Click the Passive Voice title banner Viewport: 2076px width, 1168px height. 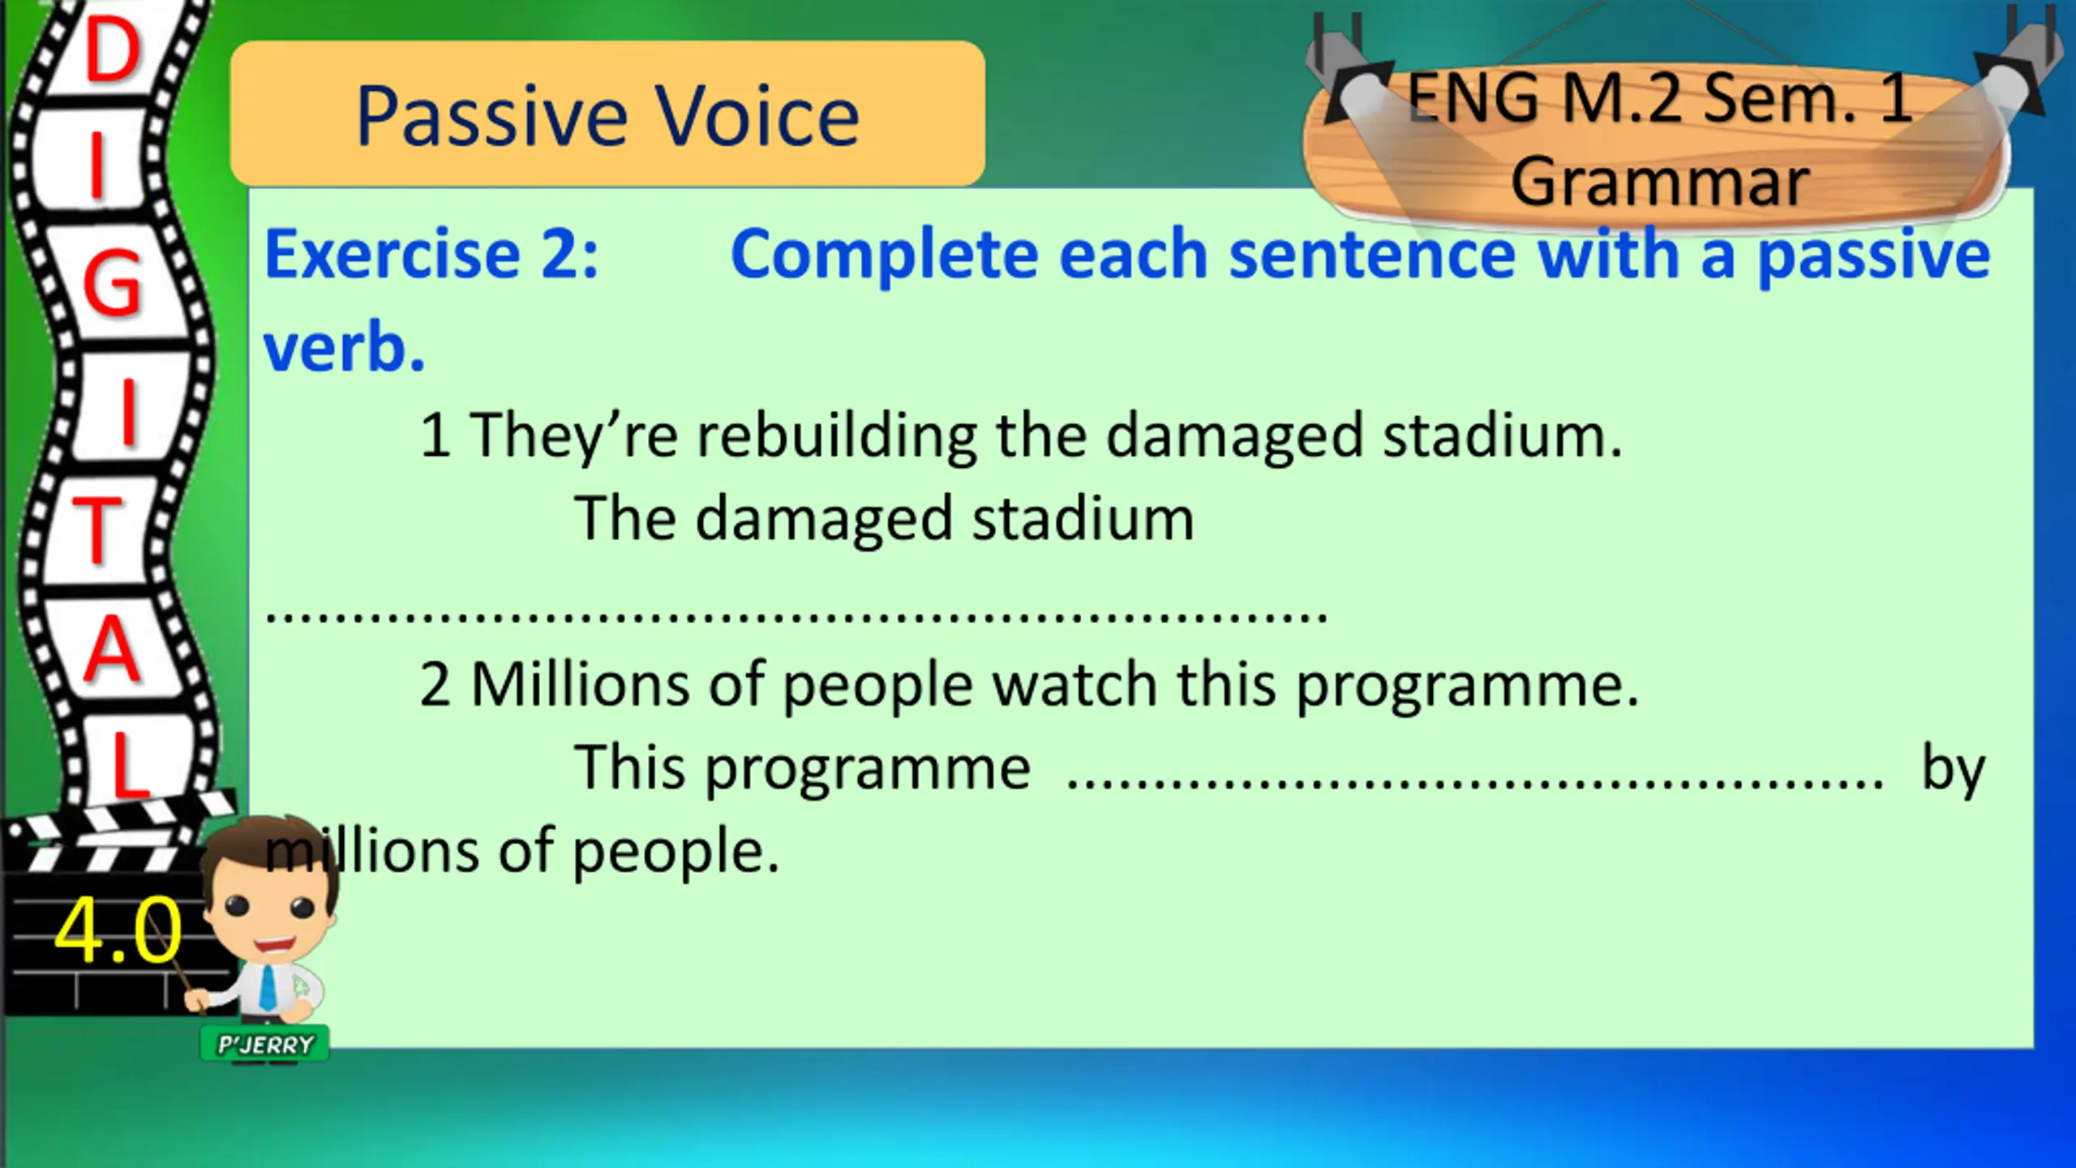(x=607, y=114)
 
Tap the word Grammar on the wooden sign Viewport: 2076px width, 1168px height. (x=1660, y=182)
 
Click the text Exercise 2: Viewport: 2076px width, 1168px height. (x=431, y=254)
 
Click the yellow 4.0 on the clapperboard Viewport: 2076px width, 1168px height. (x=118, y=930)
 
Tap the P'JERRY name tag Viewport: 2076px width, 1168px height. (x=265, y=1045)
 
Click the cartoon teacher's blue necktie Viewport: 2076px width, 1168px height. (x=268, y=988)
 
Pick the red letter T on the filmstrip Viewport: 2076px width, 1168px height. (x=97, y=528)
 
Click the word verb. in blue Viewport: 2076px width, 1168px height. (x=345, y=347)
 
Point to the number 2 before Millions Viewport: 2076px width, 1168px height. (x=435, y=685)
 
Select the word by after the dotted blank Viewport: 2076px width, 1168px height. (x=1953, y=769)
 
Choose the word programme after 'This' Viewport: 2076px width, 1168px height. (x=868, y=769)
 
